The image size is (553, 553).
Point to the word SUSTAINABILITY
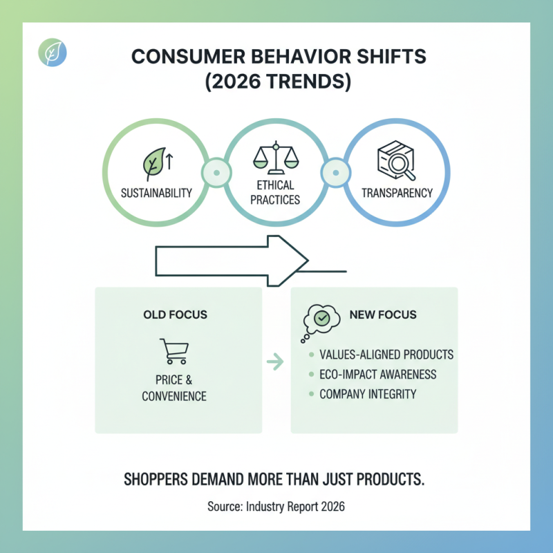(156, 193)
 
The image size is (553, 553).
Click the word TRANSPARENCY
(397, 193)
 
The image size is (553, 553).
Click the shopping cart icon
(174, 351)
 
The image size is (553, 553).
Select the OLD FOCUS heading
(175, 315)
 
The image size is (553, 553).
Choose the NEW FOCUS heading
(383, 315)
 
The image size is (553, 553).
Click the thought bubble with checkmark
(320, 319)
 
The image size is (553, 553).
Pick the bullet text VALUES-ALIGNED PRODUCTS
(386, 355)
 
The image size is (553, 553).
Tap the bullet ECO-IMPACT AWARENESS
(377, 374)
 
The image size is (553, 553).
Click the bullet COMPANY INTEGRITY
(368, 394)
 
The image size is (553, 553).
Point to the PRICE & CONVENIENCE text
(174, 388)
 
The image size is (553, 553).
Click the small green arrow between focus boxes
(275, 360)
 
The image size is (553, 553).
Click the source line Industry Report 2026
(276, 507)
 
